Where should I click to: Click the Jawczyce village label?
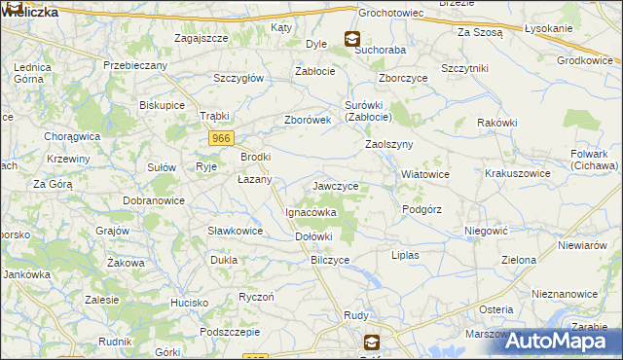[x=336, y=186]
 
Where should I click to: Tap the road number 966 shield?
[x=221, y=139]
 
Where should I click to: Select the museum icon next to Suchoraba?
[x=351, y=38]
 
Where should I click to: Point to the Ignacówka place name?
[x=311, y=211]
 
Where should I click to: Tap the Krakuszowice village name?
[x=518, y=173]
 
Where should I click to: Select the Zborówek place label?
[x=308, y=120]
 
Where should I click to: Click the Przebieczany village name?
[x=135, y=65]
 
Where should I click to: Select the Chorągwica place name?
[x=73, y=135]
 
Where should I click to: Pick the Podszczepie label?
[x=228, y=332]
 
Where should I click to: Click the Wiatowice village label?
[x=425, y=175]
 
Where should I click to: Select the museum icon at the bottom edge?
[x=372, y=342]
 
